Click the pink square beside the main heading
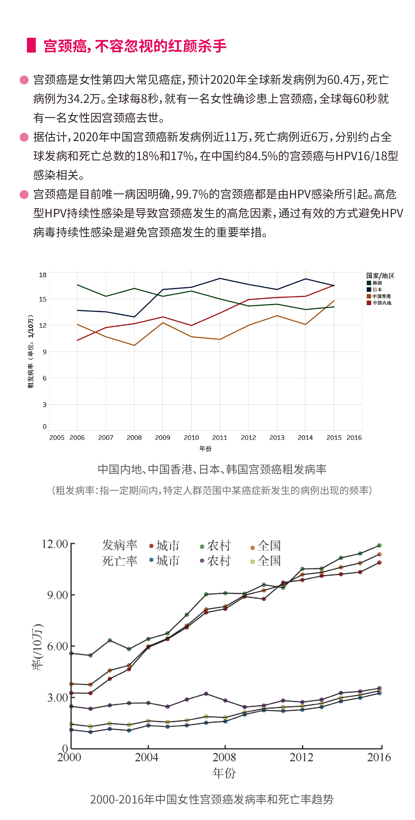pyautogui.click(x=31, y=45)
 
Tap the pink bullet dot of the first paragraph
pyautogui.click(x=24, y=80)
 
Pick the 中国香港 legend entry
pyautogui.click(x=379, y=296)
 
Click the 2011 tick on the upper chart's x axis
pyautogui.click(x=220, y=438)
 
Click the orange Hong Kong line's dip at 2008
pyautogui.click(x=134, y=345)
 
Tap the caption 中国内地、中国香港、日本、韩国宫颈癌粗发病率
pyautogui.click(x=212, y=469)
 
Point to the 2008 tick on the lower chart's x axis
pyautogui.click(x=225, y=757)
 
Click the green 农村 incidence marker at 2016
pyautogui.click(x=379, y=546)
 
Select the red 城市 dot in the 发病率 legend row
pyautogui.click(x=151, y=546)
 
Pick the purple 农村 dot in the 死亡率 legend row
pyautogui.click(x=202, y=561)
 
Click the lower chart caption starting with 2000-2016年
pyautogui.click(x=212, y=799)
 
